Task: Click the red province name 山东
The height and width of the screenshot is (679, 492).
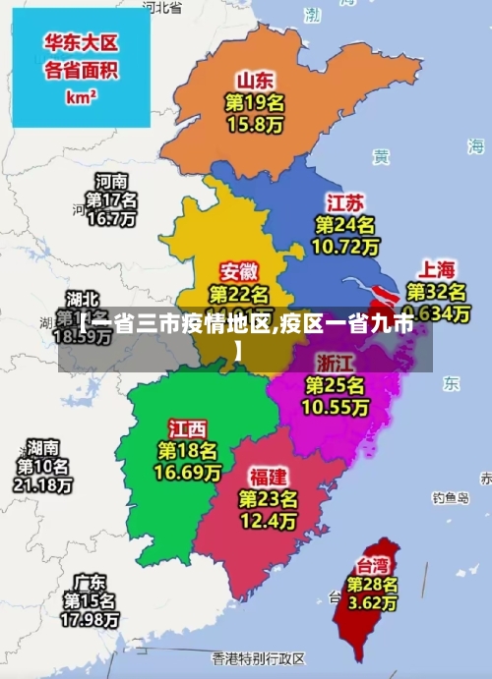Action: coord(255,80)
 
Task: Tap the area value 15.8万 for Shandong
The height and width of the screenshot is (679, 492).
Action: coord(255,125)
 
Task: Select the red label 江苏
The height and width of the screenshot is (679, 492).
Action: coord(345,203)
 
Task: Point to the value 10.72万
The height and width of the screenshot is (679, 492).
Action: coord(345,247)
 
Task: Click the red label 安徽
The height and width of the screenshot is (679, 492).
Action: coord(239,270)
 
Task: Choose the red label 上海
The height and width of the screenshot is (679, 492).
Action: coord(437,268)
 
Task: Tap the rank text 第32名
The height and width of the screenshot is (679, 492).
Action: coord(437,291)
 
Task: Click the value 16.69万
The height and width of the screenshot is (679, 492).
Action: coord(187,473)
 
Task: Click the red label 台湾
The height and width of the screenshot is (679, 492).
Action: coord(371,566)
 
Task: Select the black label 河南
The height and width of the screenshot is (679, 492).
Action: coord(111,181)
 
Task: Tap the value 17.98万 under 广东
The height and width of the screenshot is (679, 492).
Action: coord(90,620)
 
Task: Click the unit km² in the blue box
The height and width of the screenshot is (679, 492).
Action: coord(81,97)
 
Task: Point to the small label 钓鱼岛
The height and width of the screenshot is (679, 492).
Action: coord(452,498)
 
